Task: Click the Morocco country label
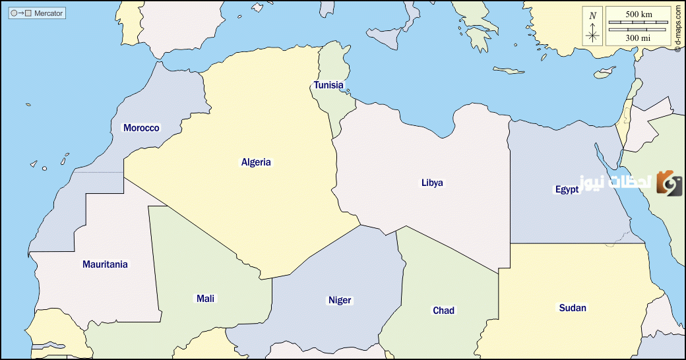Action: coord(141,128)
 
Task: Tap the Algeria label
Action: coord(256,162)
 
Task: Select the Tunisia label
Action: coord(328,85)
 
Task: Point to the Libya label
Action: coord(432,183)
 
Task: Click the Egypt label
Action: coord(567,189)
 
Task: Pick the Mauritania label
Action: coord(105,264)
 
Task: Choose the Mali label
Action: coord(205,299)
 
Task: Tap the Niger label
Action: coord(340,301)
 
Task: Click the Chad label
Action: coord(443,311)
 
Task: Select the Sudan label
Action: coord(572,308)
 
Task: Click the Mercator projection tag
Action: coord(37,13)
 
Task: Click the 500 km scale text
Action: coord(637,14)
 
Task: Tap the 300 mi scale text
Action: coord(637,38)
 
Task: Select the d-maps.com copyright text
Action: coord(678,28)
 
